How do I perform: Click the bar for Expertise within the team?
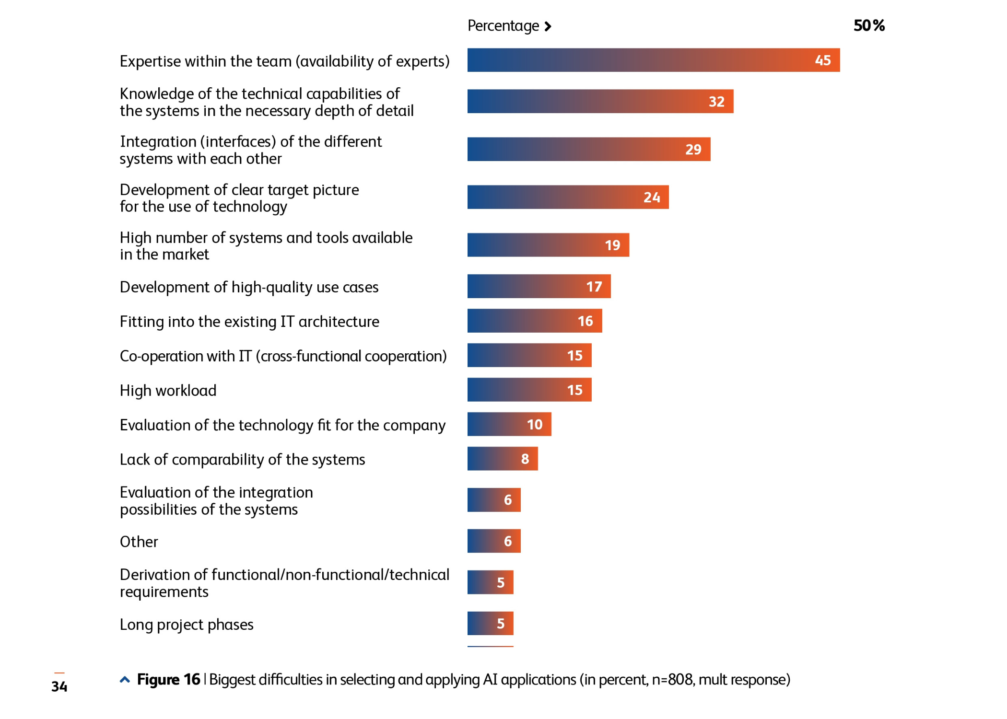(x=653, y=60)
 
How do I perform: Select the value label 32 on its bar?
(x=716, y=102)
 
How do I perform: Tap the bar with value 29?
(x=588, y=149)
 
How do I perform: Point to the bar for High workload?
(x=529, y=390)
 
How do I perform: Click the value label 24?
(x=652, y=197)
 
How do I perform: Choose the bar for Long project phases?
(x=490, y=623)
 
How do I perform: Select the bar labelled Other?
(x=493, y=541)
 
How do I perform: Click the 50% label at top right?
(x=869, y=25)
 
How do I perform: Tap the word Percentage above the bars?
(x=503, y=26)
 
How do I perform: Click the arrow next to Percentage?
(x=548, y=26)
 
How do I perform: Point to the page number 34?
(x=59, y=686)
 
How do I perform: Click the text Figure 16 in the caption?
(x=168, y=680)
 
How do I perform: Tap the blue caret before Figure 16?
(x=125, y=680)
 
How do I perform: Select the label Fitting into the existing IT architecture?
(x=249, y=322)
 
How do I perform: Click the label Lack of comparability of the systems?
(x=242, y=460)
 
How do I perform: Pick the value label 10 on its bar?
(x=535, y=425)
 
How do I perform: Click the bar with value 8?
(x=502, y=459)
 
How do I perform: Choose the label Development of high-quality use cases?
(x=249, y=287)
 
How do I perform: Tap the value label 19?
(x=612, y=245)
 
